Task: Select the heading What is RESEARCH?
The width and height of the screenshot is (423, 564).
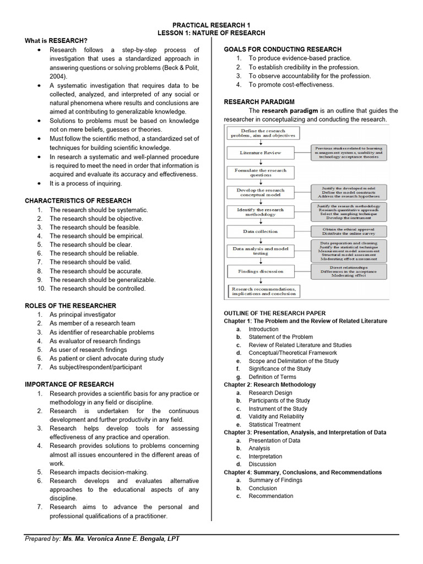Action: pyautogui.click(x=56, y=41)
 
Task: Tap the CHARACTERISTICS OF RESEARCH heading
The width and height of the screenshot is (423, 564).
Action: pyautogui.click(x=78, y=200)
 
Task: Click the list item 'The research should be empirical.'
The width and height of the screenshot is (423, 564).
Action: pyautogui.click(x=96, y=236)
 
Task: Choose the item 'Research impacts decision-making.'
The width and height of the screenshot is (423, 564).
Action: pyautogui.click(x=99, y=472)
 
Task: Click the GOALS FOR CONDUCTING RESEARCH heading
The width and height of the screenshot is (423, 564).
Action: pyautogui.click(x=283, y=50)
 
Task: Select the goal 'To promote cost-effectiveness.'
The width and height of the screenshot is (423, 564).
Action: pyautogui.click(x=291, y=85)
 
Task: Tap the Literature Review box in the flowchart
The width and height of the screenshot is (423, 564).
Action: pyautogui.click(x=261, y=153)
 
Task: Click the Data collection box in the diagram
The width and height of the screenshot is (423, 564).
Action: pyautogui.click(x=261, y=231)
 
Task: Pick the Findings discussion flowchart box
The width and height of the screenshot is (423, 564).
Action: pyautogui.click(x=261, y=272)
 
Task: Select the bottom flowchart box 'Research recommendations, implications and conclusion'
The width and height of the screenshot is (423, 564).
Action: pyautogui.click(x=263, y=291)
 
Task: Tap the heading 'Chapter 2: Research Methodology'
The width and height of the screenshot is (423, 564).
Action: pyautogui.click(x=270, y=384)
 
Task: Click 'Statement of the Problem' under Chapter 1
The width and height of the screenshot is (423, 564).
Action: pyautogui.click(x=280, y=337)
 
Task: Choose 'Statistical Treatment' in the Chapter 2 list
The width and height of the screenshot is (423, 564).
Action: pyautogui.click(x=274, y=425)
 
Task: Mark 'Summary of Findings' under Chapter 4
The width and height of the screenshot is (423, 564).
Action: pyautogui.click(x=275, y=480)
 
